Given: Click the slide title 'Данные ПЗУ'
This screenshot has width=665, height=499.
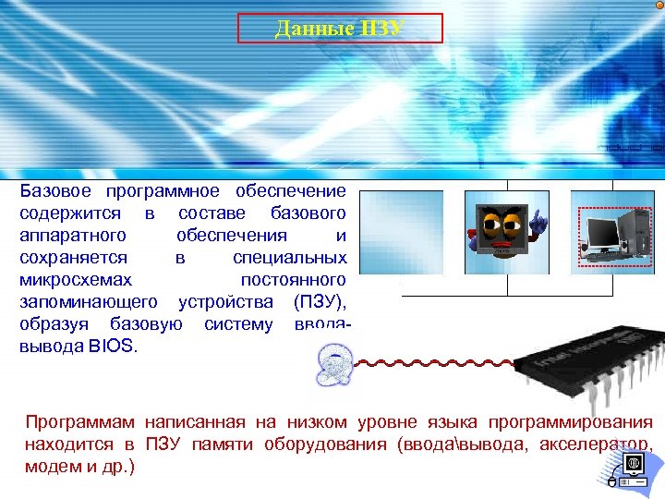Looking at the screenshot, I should coord(340,29).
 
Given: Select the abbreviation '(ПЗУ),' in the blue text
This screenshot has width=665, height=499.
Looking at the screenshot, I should coord(320,302).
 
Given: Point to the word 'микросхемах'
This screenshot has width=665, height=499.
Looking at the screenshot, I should coord(76,280).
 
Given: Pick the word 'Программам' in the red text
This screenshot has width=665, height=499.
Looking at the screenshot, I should coord(79,422).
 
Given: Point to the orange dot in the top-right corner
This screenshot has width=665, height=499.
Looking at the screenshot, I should coord(658,6).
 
